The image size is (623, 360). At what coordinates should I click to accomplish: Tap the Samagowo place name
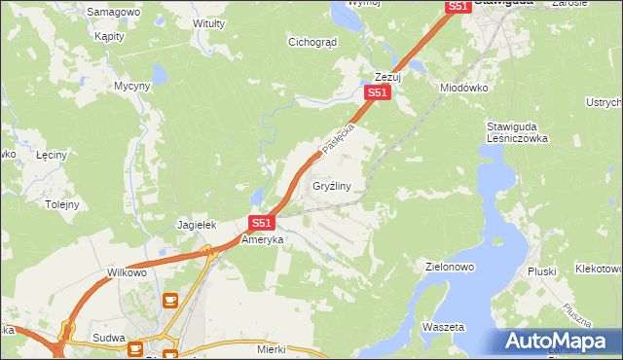pos(113,12)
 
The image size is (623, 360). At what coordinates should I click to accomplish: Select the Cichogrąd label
pos(312,42)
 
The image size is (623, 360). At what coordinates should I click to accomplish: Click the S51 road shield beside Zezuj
pos(378,92)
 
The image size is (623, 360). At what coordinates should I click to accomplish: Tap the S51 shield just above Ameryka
pos(260,223)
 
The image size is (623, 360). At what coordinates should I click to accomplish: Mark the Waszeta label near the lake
pos(444,327)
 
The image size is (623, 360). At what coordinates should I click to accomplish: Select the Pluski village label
pos(541,271)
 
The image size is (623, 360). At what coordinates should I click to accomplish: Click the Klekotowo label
pos(598,268)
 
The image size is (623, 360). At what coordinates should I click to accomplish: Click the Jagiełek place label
pos(196,225)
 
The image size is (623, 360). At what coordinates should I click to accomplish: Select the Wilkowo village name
pos(127,272)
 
